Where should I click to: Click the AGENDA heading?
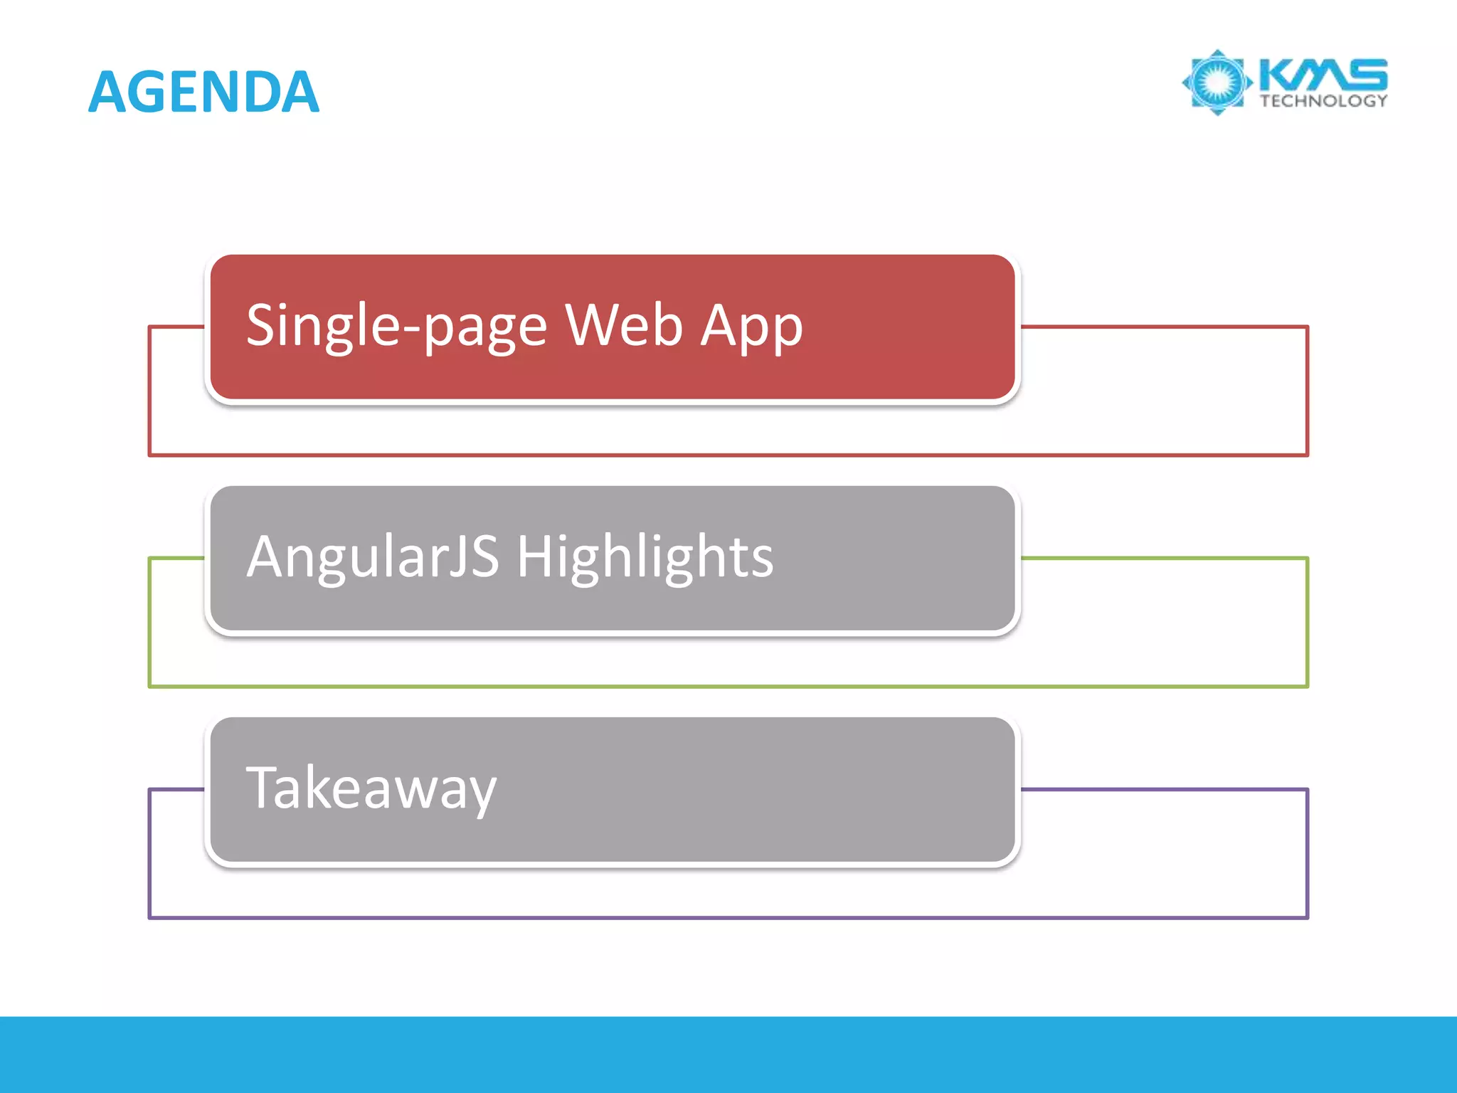click(203, 92)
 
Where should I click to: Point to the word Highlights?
click(645, 558)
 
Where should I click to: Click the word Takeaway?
click(371, 788)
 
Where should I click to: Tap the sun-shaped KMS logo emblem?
click(1217, 83)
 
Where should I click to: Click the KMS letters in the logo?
click(1323, 74)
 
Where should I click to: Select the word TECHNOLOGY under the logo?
click(1323, 101)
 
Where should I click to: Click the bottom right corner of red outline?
click(1307, 455)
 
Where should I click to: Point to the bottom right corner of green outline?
click(1307, 686)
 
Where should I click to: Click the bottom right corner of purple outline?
click(1307, 917)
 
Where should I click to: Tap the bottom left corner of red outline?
click(150, 455)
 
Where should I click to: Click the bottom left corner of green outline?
click(150, 686)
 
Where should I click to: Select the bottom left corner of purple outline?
click(150, 917)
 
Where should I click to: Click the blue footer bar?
click(728, 1054)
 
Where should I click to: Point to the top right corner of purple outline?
click(1307, 790)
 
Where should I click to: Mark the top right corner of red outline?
click(1307, 327)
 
